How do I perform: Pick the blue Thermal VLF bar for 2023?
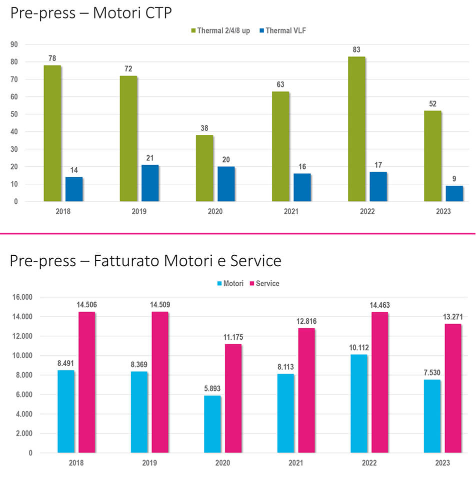pos(454,193)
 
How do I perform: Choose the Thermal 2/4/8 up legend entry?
pos(220,30)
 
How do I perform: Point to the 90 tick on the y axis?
pos(13,44)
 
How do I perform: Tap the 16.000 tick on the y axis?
pos(21,297)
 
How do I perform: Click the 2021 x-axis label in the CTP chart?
pos(291,211)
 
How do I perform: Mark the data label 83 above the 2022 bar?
pos(356,49)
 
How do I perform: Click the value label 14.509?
pos(160,305)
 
